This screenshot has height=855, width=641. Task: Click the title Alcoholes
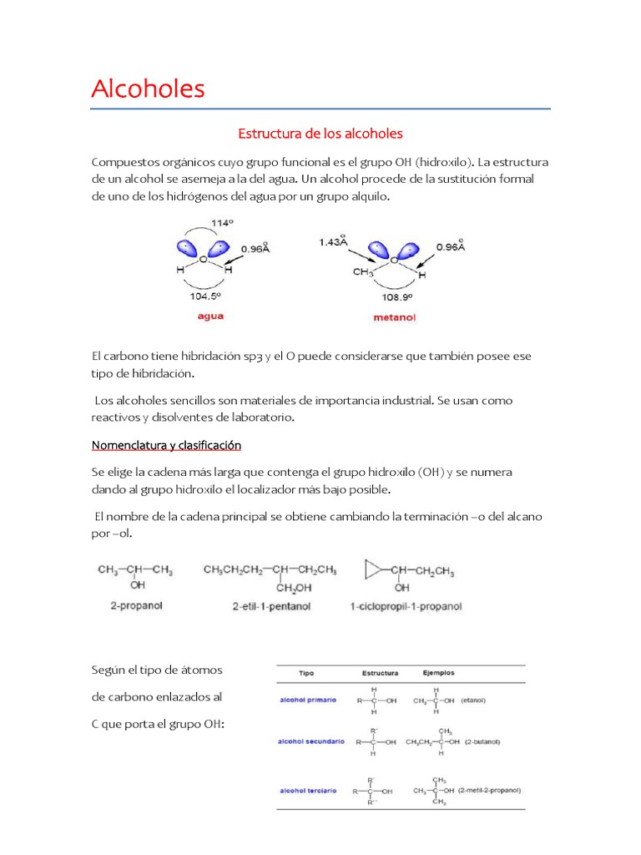coord(148,89)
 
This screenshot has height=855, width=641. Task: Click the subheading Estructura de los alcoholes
coord(320,134)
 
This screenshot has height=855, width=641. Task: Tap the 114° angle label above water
coord(221,223)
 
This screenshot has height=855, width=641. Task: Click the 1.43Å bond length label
coord(334,242)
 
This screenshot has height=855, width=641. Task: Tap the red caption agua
coord(209,316)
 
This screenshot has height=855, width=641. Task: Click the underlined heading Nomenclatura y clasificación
coord(166,445)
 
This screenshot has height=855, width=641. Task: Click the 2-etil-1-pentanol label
coord(271,606)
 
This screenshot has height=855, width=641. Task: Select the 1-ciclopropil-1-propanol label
coord(406,606)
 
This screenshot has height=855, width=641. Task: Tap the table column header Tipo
coord(307,673)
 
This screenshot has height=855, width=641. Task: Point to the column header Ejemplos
coord(439,672)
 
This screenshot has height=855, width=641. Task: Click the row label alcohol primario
coord(309,700)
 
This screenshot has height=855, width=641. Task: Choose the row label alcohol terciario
coord(309,790)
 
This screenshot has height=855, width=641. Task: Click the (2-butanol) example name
coord(483,741)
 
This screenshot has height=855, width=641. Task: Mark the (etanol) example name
coord(472,700)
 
